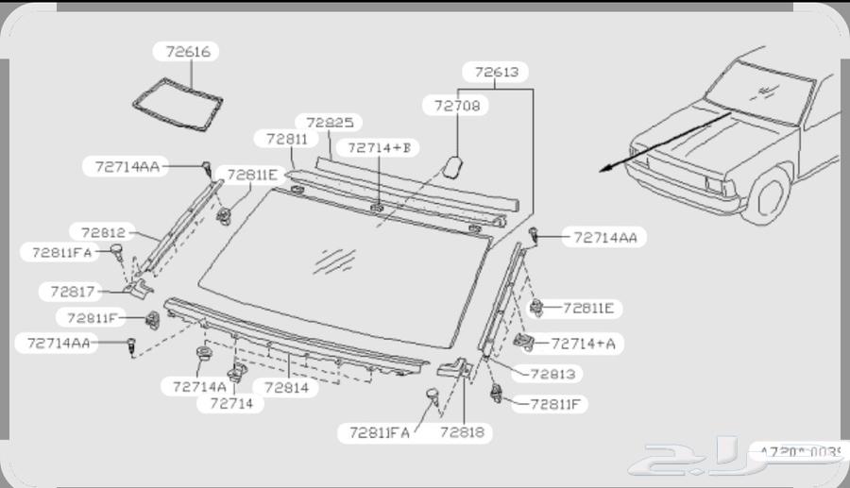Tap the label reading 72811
(287, 139)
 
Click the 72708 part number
(457, 106)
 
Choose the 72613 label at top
(496, 72)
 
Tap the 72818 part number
(461, 432)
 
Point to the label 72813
(552, 374)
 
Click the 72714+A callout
(583, 344)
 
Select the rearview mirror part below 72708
(452, 167)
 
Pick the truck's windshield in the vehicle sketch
(759, 91)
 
